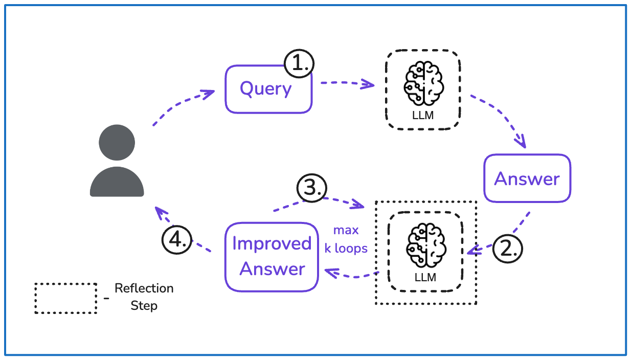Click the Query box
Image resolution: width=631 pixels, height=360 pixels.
[x=268, y=89]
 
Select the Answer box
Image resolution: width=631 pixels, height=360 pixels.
[x=527, y=178]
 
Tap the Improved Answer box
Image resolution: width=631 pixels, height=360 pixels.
[x=272, y=257]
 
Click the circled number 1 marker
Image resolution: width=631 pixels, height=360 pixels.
[x=299, y=64]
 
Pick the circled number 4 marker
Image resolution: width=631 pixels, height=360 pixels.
[x=177, y=239]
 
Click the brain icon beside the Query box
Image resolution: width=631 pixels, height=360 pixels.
[x=423, y=83]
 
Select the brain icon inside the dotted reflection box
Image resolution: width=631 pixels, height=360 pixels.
[x=425, y=244]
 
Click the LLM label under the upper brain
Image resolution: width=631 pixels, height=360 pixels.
[x=423, y=115]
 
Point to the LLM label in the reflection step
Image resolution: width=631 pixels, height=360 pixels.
[x=425, y=277]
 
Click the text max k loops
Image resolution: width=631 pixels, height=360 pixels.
[x=346, y=239]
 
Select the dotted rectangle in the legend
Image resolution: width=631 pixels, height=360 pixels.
[x=65, y=298]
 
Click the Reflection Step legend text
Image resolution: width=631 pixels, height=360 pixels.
[x=144, y=297]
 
